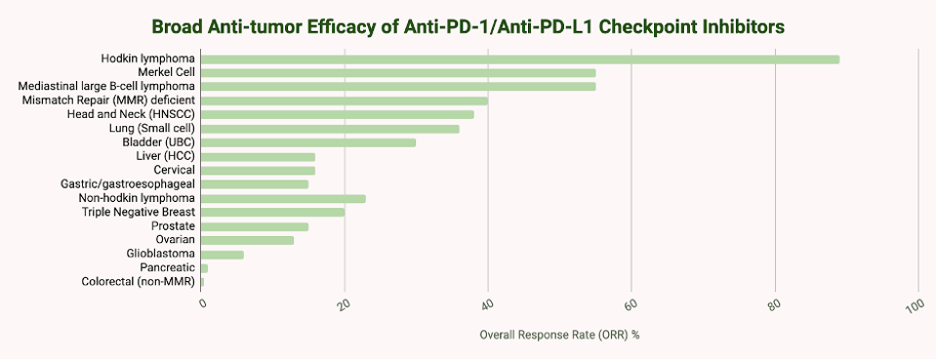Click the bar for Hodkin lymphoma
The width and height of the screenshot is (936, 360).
coord(519,60)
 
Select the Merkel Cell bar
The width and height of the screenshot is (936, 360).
coord(397,73)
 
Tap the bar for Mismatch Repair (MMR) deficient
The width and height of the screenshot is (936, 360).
coord(344,100)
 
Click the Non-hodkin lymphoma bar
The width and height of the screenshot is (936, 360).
coord(282,198)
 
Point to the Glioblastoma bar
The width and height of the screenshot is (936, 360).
coord(222,254)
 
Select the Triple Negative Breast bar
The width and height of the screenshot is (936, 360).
coord(272,212)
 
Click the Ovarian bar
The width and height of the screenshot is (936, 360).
coord(247,240)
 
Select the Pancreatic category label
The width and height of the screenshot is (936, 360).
coord(167,267)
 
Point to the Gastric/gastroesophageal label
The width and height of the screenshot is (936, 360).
coord(128,184)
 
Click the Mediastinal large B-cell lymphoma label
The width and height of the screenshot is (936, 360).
coord(107,87)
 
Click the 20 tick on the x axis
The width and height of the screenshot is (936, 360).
coord(344,304)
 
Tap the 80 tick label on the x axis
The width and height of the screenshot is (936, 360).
coord(773,304)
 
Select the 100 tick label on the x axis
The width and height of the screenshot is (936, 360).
coord(915,306)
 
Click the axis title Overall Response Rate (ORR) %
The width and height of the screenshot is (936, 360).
coord(559,335)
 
